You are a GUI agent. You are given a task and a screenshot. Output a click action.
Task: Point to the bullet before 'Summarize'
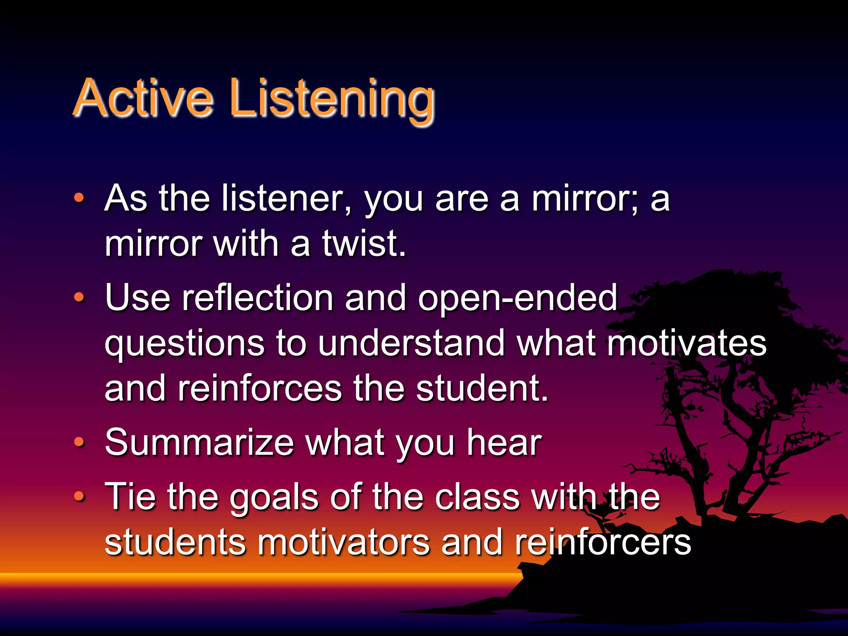[x=79, y=442]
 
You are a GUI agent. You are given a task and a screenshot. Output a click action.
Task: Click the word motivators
[x=344, y=542]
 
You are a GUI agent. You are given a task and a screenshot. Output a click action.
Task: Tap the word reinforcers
[x=603, y=542]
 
